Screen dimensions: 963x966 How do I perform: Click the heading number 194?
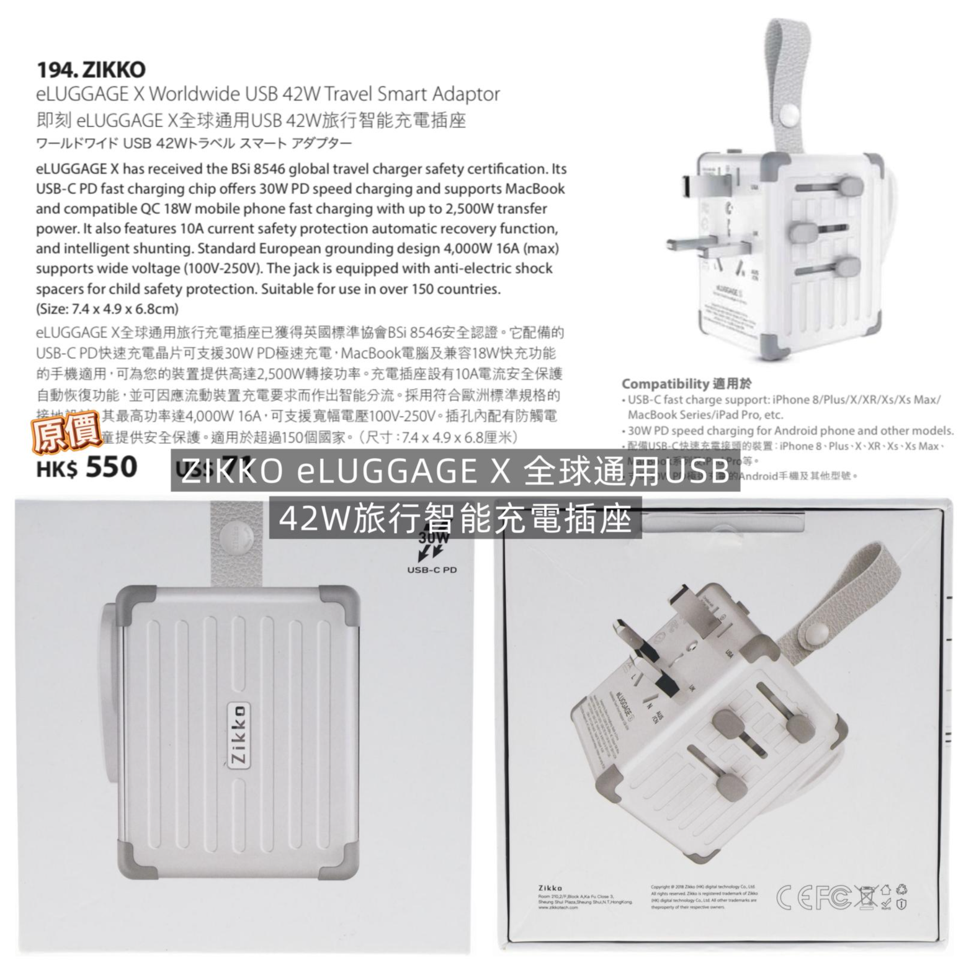pos(53,69)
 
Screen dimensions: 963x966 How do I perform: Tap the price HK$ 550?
pos(86,468)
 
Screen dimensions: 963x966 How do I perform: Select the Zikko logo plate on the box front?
pos(239,735)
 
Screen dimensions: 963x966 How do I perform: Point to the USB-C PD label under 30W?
pos(432,570)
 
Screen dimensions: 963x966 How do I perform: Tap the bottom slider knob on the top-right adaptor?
pos(846,268)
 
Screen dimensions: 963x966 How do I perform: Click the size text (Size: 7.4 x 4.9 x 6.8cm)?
pos(107,309)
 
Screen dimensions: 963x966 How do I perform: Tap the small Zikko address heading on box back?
pos(550,887)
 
